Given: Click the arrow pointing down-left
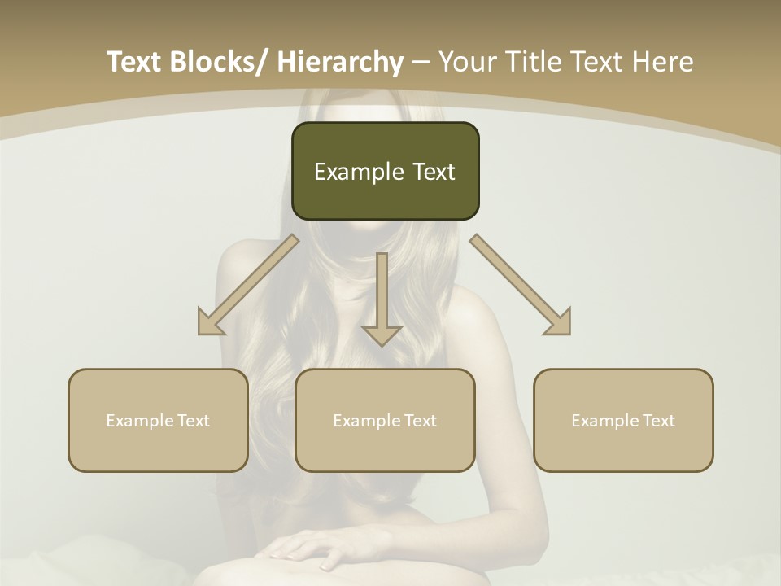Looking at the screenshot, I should [248, 285].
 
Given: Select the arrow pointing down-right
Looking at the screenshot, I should [521, 285].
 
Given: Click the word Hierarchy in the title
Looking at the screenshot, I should [339, 62].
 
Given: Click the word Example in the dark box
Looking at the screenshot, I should [358, 172].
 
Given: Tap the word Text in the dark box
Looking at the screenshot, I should [432, 172].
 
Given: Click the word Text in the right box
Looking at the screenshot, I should [658, 421].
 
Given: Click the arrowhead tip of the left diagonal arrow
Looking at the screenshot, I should [200, 333].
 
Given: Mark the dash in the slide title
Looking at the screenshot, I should [421, 63].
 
